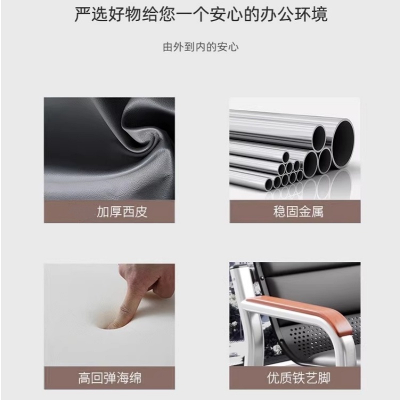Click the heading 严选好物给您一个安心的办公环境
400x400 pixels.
[x=200, y=14]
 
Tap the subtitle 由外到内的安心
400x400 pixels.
[x=200, y=47]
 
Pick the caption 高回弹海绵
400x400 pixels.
[x=110, y=376]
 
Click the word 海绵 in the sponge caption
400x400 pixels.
[x=129, y=376]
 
